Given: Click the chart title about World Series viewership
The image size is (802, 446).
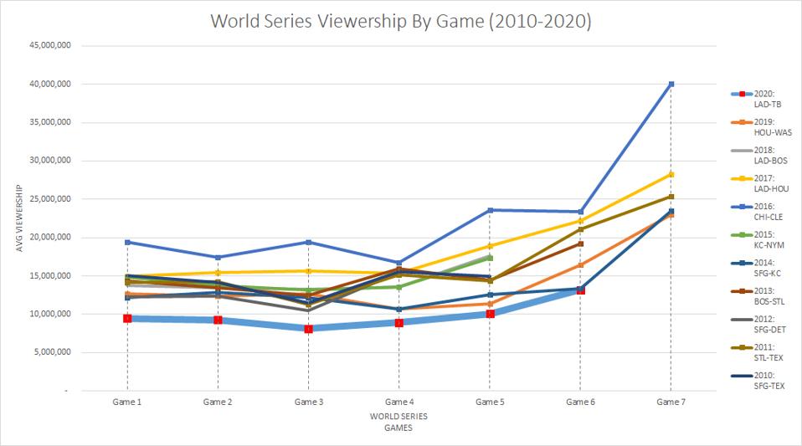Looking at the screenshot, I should pyautogui.click(x=401, y=23).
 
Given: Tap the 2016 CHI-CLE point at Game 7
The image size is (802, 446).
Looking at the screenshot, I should pyautogui.click(x=671, y=85).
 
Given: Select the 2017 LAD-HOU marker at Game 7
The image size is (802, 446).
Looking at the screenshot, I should pyautogui.click(x=671, y=174).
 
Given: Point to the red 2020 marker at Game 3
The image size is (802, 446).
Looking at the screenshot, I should pyautogui.click(x=308, y=329).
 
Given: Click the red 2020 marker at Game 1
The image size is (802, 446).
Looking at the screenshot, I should pyautogui.click(x=127, y=319).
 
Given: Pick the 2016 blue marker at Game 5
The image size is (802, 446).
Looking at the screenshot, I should pyautogui.click(x=490, y=210).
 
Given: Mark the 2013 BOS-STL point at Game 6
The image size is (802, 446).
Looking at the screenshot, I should pyautogui.click(x=580, y=244).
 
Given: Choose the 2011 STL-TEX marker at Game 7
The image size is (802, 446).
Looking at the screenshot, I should pyautogui.click(x=671, y=197).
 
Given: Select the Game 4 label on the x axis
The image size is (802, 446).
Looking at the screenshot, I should pyautogui.click(x=398, y=402).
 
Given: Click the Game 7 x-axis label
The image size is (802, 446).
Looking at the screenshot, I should pyautogui.click(x=671, y=402).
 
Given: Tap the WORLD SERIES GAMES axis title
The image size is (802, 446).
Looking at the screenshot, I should pyautogui.click(x=398, y=421).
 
